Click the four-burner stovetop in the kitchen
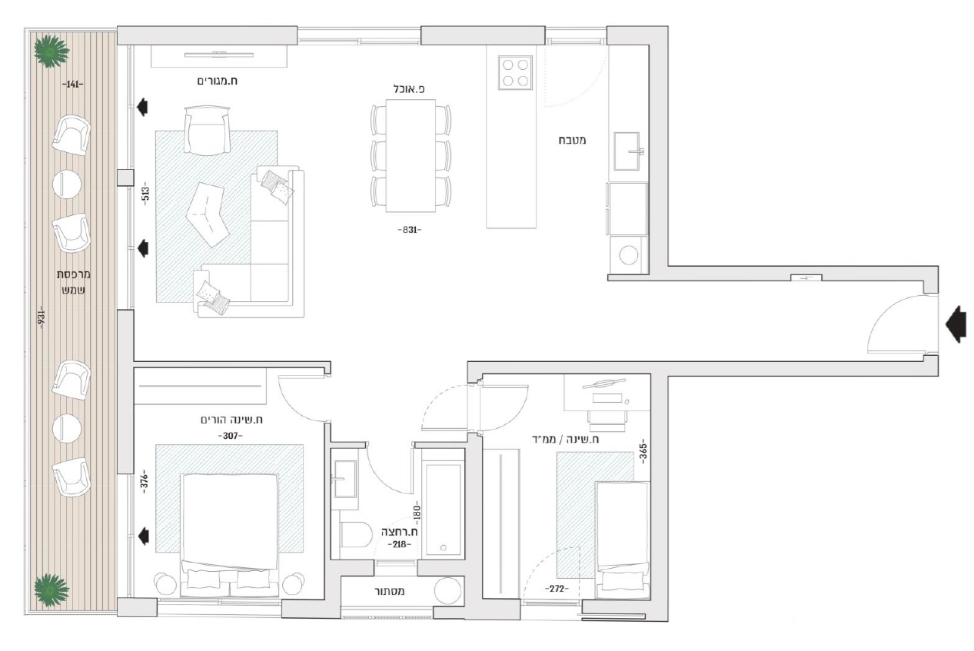515,72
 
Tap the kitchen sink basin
627,151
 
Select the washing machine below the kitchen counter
628,255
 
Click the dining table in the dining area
411,156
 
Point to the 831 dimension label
410,230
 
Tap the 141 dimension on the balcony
72,85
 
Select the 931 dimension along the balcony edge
42,319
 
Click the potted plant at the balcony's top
52,51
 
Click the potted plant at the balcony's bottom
52,590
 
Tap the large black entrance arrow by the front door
956,324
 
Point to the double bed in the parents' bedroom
229,535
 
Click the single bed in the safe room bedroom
623,540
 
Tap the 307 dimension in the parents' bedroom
230,436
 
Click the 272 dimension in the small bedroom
557,589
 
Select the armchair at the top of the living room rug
207,131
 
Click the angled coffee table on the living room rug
208,214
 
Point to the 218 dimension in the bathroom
399,544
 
